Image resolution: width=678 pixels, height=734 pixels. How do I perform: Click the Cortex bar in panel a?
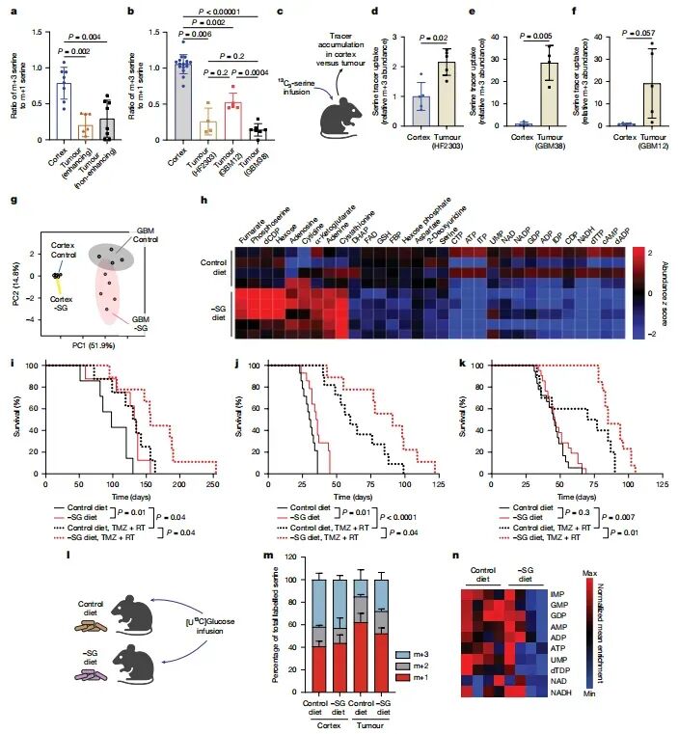point(66,106)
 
